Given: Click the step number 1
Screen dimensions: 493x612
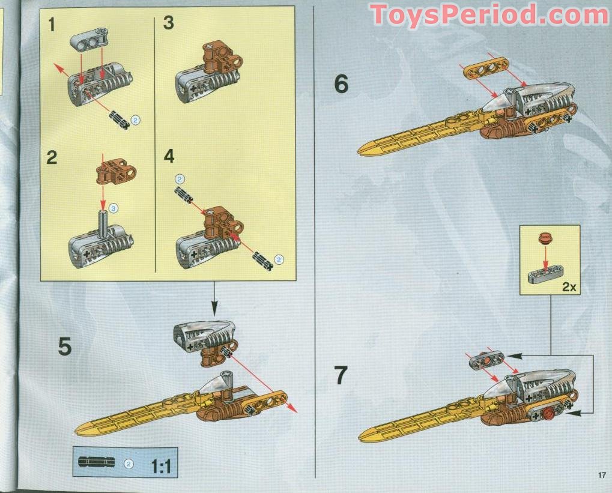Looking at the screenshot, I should tap(54, 26).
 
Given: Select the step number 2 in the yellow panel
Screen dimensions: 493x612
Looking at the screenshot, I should tap(53, 158).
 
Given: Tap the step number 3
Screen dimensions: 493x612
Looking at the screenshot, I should tap(169, 24).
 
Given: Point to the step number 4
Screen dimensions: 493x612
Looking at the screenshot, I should tap(169, 157).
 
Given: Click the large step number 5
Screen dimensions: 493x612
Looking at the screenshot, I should tap(65, 347).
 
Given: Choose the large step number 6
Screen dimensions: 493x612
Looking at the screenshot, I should tap(341, 85).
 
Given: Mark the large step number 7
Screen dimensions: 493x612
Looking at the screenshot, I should tap(341, 376).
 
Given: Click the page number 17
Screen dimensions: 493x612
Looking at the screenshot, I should tap(602, 476).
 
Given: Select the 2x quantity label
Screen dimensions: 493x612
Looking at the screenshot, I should tap(569, 287).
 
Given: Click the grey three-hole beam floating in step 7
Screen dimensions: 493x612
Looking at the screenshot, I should tap(486, 361).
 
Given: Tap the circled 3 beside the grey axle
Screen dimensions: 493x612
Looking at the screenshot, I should tap(114, 208).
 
